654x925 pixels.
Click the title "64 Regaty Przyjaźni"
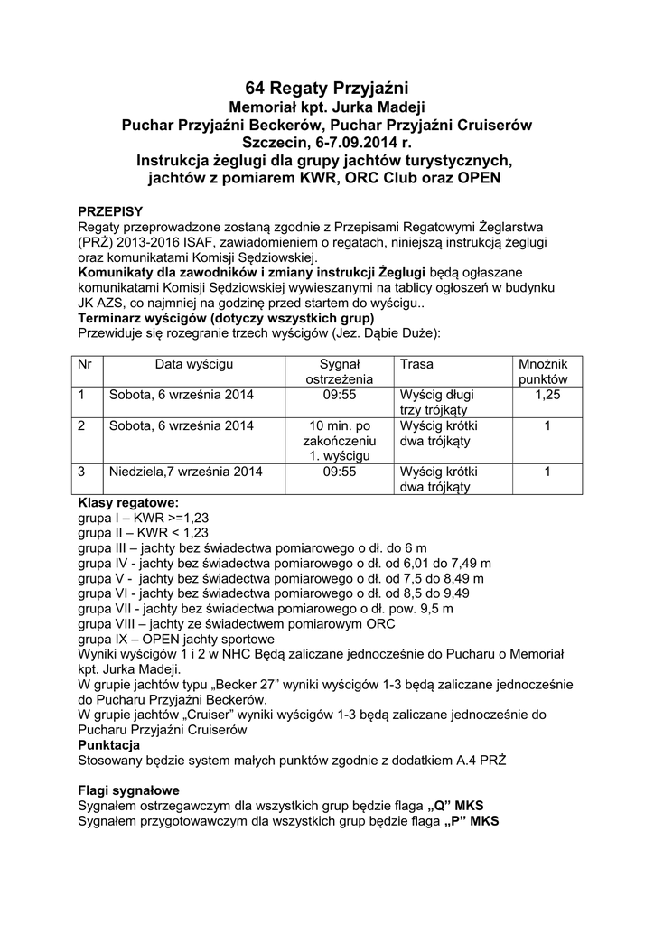[327, 88]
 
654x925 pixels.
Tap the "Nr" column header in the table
[85, 363]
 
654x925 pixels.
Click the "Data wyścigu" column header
[194, 363]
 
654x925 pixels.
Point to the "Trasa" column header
[416, 363]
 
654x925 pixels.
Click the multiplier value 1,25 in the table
[547, 395]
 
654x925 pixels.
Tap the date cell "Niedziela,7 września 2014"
[185, 472]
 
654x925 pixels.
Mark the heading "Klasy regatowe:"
[128, 502]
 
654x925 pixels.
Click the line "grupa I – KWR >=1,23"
[144, 518]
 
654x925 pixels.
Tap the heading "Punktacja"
[108, 746]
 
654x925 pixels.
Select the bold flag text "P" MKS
[471, 821]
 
